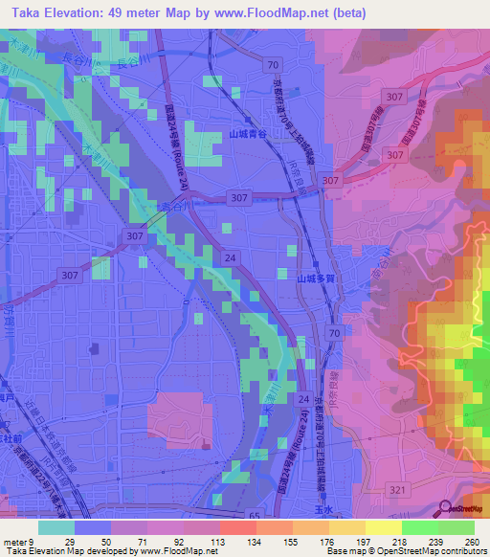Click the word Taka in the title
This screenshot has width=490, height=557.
[31, 12]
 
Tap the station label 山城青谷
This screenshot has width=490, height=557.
[247, 136]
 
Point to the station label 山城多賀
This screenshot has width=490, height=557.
[313, 278]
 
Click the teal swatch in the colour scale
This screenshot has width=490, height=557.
[56, 527]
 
